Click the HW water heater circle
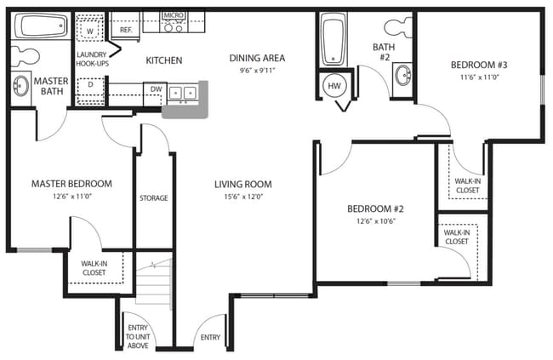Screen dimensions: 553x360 334,86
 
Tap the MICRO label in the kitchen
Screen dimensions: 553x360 174,15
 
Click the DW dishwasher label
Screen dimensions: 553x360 156,89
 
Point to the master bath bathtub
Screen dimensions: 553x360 42,26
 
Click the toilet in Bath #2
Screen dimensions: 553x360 398,27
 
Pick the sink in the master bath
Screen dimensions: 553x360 20,86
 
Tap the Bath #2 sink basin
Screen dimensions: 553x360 402,76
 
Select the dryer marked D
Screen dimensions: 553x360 90,91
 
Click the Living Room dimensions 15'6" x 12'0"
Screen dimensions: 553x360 243,197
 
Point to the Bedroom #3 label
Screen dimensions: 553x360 479,65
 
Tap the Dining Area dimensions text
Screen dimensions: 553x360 257,71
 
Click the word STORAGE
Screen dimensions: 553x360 154,198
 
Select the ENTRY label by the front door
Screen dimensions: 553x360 210,337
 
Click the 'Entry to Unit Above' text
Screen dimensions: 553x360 138,337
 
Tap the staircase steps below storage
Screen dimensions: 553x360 154,282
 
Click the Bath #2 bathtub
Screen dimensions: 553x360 334,39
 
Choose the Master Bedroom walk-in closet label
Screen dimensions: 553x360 94,268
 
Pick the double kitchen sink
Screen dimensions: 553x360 182,93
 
